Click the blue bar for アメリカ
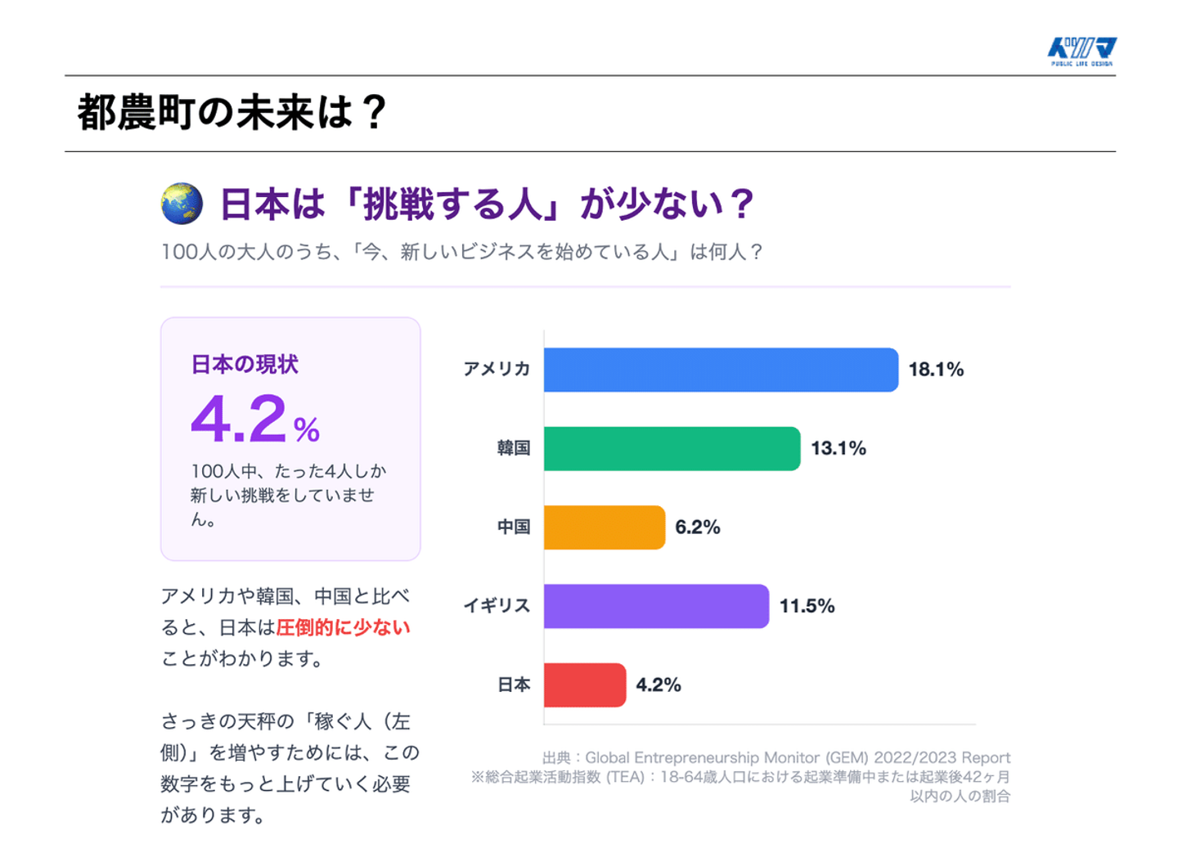click(x=720, y=370)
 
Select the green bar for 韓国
click(x=671, y=448)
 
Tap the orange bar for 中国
click(x=604, y=527)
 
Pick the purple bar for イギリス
click(x=655, y=606)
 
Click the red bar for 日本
click(x=584, y=685)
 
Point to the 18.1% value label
click(x=936, y=370)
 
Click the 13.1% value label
click(x=838, y=448)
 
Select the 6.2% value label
click(x=697, y=527)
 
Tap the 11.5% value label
click(x=807, y=606)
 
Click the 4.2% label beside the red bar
click(x=659, y=685)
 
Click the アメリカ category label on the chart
click(x=497, y=370)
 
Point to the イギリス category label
click(x=497, y=606)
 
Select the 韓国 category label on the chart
click(x=514, y=448)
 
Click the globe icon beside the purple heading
click(x=182, y=204)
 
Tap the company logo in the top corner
click(x=1081, y=51)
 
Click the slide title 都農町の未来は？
click(x=232, y=113)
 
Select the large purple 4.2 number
click(x=239, y=420)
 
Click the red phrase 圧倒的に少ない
click(x=343, y=628)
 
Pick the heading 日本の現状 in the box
click(x=245, y=365)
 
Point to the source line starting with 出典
click(x=776, y=758)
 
